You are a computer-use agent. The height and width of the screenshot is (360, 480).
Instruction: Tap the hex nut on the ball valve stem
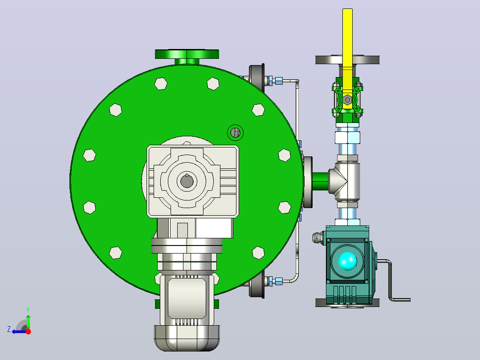[347, 99]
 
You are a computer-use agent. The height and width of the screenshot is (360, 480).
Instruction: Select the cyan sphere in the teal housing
[347, 262]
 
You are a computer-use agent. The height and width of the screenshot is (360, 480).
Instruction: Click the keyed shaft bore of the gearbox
[187, 181]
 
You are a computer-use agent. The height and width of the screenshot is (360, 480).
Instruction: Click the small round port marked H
[235, 133]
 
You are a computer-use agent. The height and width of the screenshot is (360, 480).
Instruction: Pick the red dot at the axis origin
[28, 331]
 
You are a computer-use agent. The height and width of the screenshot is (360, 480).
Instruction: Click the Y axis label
[28, 310]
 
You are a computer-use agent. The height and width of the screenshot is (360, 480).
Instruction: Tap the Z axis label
[9, 329]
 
